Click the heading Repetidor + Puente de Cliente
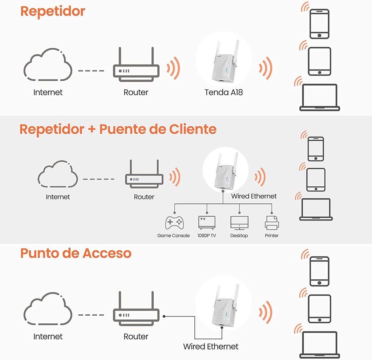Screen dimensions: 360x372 point(118,129)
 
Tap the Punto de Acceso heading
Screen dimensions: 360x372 point(76,253)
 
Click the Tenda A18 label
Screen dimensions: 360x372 point(223,92)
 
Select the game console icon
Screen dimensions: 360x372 point(174,223)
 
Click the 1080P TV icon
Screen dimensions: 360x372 point(207,222)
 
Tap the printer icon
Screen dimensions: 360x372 point(271,223)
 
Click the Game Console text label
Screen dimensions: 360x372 point(173,236)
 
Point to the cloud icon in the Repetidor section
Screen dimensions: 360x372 point(48,66)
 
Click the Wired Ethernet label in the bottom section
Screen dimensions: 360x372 point(211,346)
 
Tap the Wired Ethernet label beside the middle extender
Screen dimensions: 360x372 point(254,196)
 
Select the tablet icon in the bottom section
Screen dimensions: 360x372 point(319,309)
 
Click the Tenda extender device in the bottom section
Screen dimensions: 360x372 point(223,307)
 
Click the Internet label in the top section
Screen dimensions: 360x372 point(48,92)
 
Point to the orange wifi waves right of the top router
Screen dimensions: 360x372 point(174,68)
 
